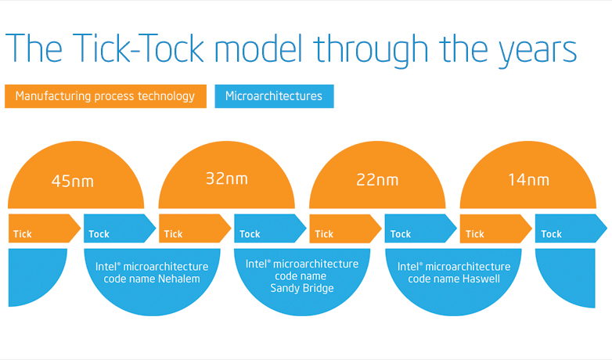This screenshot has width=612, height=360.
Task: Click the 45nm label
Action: [x=73, y=181]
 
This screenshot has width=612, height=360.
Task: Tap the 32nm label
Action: [x=227, y=179]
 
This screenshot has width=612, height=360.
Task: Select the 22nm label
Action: [x=377, y=180]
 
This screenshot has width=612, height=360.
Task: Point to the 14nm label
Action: [x=528, y=180]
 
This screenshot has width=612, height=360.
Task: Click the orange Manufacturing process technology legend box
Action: [x=106, y=96]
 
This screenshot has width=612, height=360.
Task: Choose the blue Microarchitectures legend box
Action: [x=274, y=96]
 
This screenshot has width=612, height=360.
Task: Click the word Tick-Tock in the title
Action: [x=139, y=49]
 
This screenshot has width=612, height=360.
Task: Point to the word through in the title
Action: [x=373, y=51]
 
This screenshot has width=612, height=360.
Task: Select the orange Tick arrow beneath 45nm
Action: [x=45, y=229]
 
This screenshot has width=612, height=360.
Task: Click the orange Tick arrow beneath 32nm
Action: [x=195, y=229]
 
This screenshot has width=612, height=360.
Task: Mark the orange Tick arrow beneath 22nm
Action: [x=345, y=229]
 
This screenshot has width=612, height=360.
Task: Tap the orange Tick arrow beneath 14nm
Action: [x=496, y=229]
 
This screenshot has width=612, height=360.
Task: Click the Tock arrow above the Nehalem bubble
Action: [x=120, y=229]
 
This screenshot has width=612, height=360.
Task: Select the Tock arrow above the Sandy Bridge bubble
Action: [x=270, y=229]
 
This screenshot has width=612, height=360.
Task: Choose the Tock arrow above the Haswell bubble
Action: [x=421, y=229]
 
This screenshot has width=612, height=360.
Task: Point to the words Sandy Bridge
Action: [x=302, y=289]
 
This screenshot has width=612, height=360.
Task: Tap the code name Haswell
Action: [x=481, y=279]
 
